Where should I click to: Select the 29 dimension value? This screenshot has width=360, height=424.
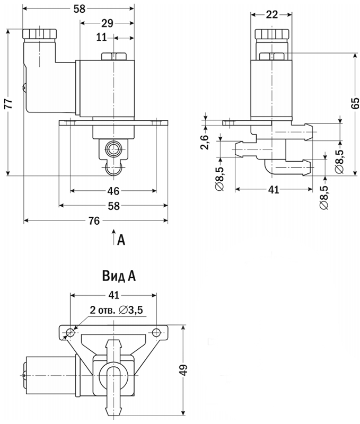[x=107, y=23]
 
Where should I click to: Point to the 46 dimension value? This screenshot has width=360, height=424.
[x=113, y=191]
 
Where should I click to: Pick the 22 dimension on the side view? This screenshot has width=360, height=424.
[x=272, y=15]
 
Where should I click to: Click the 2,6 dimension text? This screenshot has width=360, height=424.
[x=205, y=142]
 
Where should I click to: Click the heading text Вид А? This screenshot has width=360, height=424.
[x=118, y=276]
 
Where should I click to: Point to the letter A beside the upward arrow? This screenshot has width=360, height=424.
[x=121, y=241]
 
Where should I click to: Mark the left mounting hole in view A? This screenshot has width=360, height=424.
[x=71, y=332]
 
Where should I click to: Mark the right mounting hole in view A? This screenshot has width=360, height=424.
[x=156, y=332]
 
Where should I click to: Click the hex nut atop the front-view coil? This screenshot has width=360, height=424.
[x=113, y=57]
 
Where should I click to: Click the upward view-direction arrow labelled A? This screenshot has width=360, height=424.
[x=113, y=236]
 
